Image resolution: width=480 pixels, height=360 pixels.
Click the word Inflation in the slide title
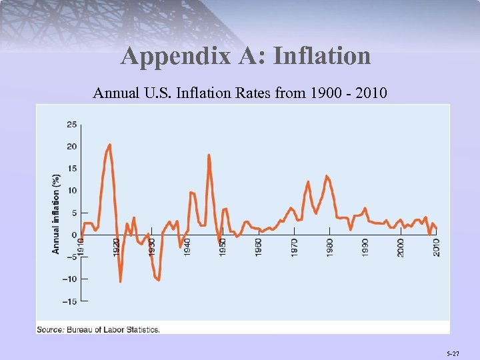(x=322, y=55)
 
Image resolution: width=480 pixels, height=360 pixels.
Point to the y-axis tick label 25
(x=71, y=124)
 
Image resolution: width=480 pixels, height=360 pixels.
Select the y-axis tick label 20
(x=71, y=146)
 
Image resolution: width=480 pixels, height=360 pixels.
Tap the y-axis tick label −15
(x=69, y=301)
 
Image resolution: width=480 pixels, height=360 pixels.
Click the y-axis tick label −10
(x=69, y=279)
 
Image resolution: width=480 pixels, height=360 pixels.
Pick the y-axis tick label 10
(x=71, y=191)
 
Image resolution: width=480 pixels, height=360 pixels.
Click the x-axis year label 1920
(x=117, y=247)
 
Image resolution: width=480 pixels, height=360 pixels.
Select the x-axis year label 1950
(x=223, y=247)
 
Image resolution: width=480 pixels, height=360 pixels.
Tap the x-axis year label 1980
(x=330, y=247)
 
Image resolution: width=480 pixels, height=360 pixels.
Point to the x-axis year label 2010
(x=437, y=247)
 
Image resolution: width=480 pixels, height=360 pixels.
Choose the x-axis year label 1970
(x=294, y=247)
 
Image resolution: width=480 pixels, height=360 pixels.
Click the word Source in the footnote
(x=49, y=329)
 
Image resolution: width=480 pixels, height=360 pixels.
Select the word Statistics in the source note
(x=141, y=329)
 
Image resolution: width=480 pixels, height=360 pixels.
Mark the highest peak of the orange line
(x=109, y=145)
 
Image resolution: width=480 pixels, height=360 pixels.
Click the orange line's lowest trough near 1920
(x=121, y=281)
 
